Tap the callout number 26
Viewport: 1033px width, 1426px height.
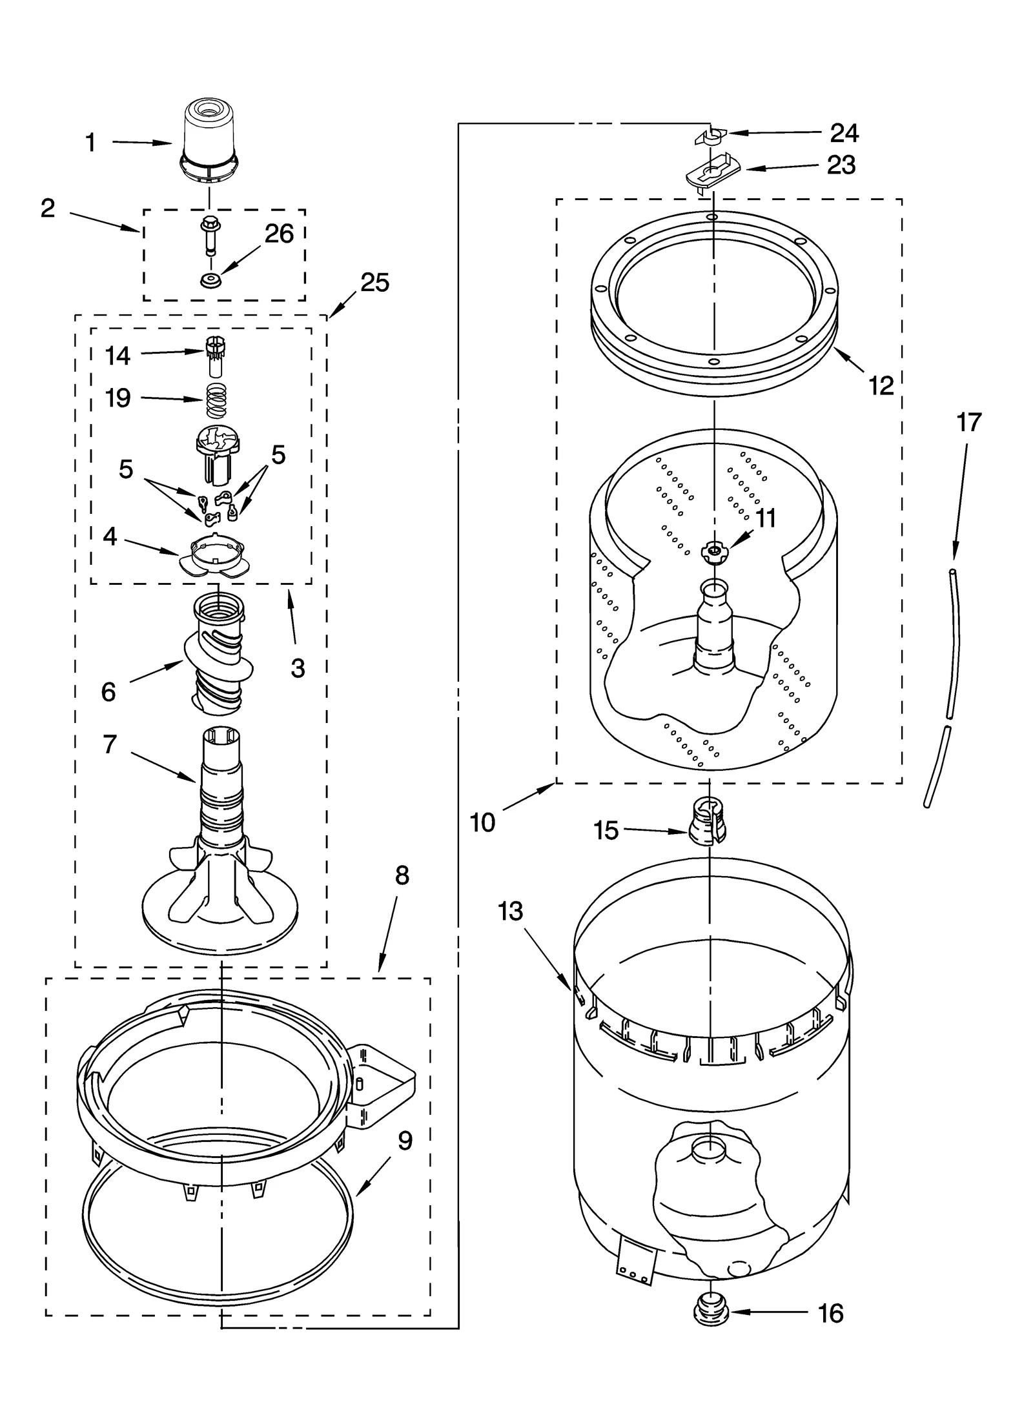coord(279,234)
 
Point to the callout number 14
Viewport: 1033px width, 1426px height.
coord(118,356)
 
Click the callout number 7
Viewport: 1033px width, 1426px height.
coord(110,744)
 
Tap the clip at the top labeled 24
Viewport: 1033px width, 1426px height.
coord(711,136)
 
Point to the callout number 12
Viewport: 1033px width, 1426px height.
coord(881,386)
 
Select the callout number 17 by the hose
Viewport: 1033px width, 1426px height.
coord(968,423)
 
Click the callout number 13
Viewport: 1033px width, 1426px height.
coord(510,912)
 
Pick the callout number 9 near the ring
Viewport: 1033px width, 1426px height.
coord(405,1141)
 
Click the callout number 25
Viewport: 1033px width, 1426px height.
coord(374,283)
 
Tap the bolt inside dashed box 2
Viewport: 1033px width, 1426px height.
coord(209,238)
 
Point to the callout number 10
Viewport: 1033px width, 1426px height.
coord(482,822)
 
